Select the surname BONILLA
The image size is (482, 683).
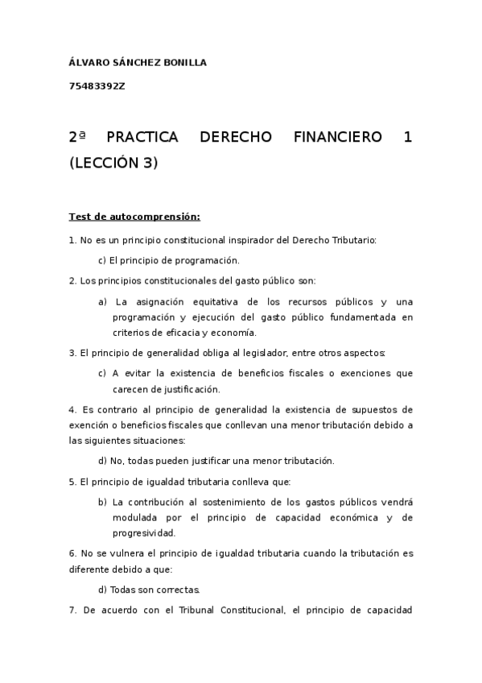click(x=183, y=62)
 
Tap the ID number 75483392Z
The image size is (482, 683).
click(x=97, y=87)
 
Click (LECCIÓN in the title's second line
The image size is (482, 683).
click(x=103, y=163)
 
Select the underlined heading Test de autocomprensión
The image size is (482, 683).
click(x=134, y=217)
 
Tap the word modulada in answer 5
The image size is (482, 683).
click(x=136, y=517)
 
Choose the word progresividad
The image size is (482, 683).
click(x=143, y=532)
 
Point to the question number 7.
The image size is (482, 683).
click(x=72, y=610)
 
